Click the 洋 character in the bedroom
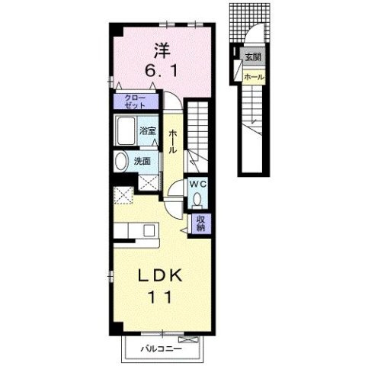(x=162, y=51)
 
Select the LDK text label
(x=160, y=275)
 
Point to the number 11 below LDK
(x=160, y=297)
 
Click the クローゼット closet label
(x=135, y=101)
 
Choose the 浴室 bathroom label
(x=147, y=131)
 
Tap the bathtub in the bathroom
(x=126, y=130)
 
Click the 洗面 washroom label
(x=142, y=162)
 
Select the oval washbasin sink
(x=121, y=162)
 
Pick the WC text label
(x=198, y=185)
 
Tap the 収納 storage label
(x=200, y=223)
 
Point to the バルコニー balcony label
(x=162, y=348)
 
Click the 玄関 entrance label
(x=253, y=57)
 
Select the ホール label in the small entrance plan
(x=254, y=77)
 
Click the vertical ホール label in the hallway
(x=173, y=141)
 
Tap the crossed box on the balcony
(x=188, y=339)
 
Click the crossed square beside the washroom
(x=149, y=182)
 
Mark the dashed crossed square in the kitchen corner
(x=123, y=195)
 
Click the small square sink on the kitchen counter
(x=149, y=230)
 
